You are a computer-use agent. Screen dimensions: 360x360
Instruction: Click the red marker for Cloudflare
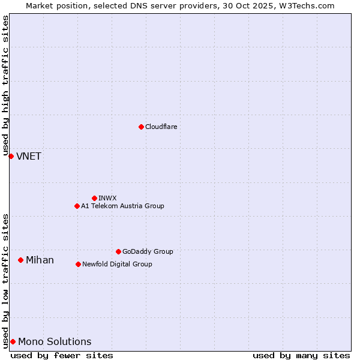(141, 127)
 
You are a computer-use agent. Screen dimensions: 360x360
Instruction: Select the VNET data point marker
(11, 156)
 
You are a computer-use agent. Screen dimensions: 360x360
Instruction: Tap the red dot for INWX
(94, 198)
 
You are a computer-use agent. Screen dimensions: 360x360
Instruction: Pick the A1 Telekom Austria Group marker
(77, 206)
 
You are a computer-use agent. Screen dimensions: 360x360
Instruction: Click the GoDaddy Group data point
(118, 251)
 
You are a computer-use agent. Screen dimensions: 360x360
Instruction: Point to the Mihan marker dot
(20, 260)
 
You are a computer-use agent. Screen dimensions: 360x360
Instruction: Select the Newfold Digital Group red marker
(78, 264)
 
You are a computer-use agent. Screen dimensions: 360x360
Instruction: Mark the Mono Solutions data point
(13, 341)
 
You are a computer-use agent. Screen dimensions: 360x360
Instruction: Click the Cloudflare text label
(161, 127)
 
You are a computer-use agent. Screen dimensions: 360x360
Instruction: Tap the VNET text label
(29, 156)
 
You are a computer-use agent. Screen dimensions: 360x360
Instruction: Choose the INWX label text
(107, 198)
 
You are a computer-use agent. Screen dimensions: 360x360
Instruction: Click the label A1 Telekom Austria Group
(122, 206)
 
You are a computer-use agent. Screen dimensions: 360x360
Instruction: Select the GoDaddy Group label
(148, 251)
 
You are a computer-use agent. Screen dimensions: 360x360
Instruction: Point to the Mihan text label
(40, 260)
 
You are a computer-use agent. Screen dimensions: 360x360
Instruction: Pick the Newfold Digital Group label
(117, 264)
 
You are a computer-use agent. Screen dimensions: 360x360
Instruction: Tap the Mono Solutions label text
(55, 341)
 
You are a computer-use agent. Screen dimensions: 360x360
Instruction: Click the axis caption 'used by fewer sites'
(62, 355)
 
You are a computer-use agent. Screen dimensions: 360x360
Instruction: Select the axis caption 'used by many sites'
(301, 355)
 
